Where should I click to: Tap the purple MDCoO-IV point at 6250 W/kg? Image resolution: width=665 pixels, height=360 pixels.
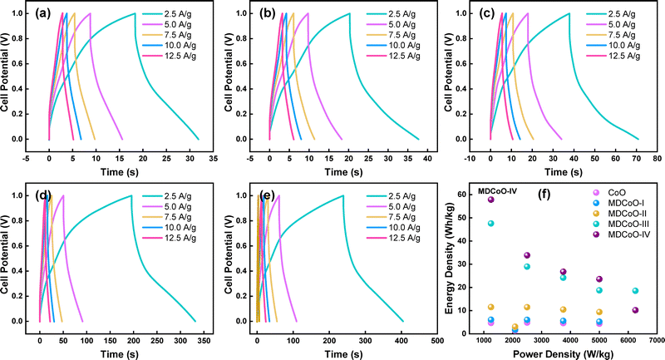click(x=636, y=310)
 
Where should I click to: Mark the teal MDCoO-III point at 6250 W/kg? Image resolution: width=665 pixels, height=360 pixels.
click(x=636, y=291)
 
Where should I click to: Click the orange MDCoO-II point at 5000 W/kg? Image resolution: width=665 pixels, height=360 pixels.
click(x=599, y=312)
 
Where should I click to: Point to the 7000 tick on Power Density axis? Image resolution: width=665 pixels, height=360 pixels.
click(x=653, y=341)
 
